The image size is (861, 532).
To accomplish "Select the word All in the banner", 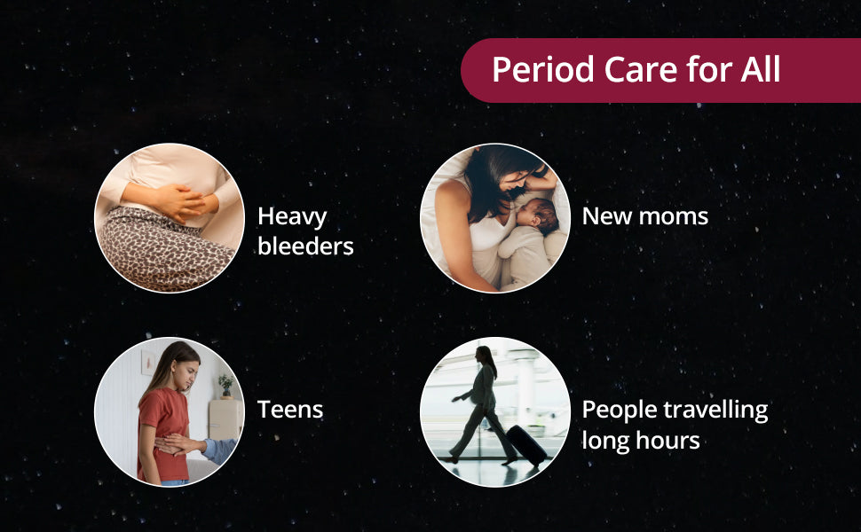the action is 760,69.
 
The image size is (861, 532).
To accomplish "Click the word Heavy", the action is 292,217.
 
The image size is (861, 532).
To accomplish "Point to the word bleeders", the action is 305,246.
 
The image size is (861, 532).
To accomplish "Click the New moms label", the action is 645,216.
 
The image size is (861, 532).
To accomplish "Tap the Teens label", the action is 290,409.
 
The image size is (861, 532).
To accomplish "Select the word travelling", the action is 715,411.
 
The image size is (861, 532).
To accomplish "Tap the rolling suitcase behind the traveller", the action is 526,445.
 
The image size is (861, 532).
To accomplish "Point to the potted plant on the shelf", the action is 225,385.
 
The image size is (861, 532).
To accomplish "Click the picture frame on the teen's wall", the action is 147,362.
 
